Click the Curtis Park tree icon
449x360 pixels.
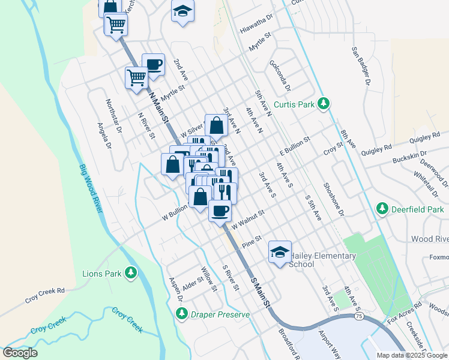pyautogui.click(x=324, y=104)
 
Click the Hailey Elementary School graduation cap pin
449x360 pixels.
pyautogui.click(x=280, y=253)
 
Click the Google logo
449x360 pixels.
pyautogui.click(x=20, y=353)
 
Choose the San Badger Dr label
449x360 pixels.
pyautogui.click(x=361, y=66)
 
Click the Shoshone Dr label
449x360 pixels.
pyautogui.click(x=334, y=200)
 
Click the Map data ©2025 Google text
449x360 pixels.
pyautogui.click(x=412, y=355)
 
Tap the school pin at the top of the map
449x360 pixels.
pyautogui.click(x=182, y=11)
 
